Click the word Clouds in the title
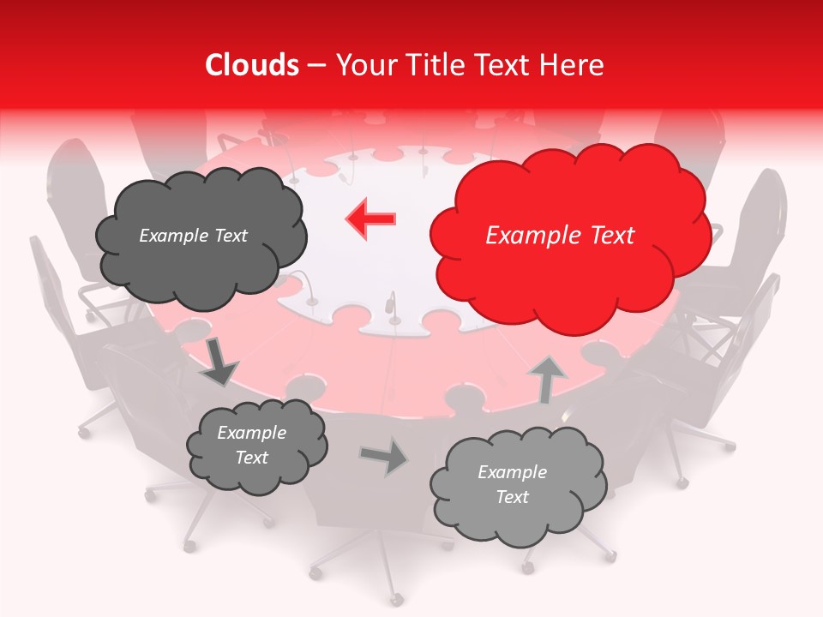(x=253, y=65)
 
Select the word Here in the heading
(x=572, y=65)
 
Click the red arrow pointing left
(x=370, y=219)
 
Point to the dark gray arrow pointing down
(x=219, y=362)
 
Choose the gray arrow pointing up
(x=547, y=378)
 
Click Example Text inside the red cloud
(x=560, y=236)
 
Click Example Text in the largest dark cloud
(x=193, y=236)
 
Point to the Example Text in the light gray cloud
(x=512, y=484)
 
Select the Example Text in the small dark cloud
(x=251, y=445)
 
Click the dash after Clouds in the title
(x=317, y=65)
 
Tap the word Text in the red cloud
(x=610, y=236)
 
